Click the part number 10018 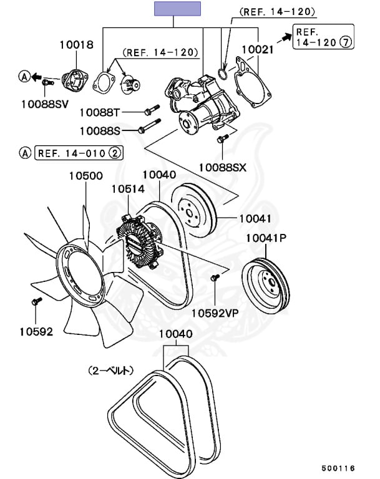[76, 45]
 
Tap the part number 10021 [257, 48]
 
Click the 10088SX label [223, 167]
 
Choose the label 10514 [129, 188]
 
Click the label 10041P [266, 238]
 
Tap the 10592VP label [215, 313]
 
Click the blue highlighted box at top [177, 9]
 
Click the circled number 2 [117, 152]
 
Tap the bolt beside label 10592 [36, 302]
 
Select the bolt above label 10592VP [215, 278]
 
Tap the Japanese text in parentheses [110, 370]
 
